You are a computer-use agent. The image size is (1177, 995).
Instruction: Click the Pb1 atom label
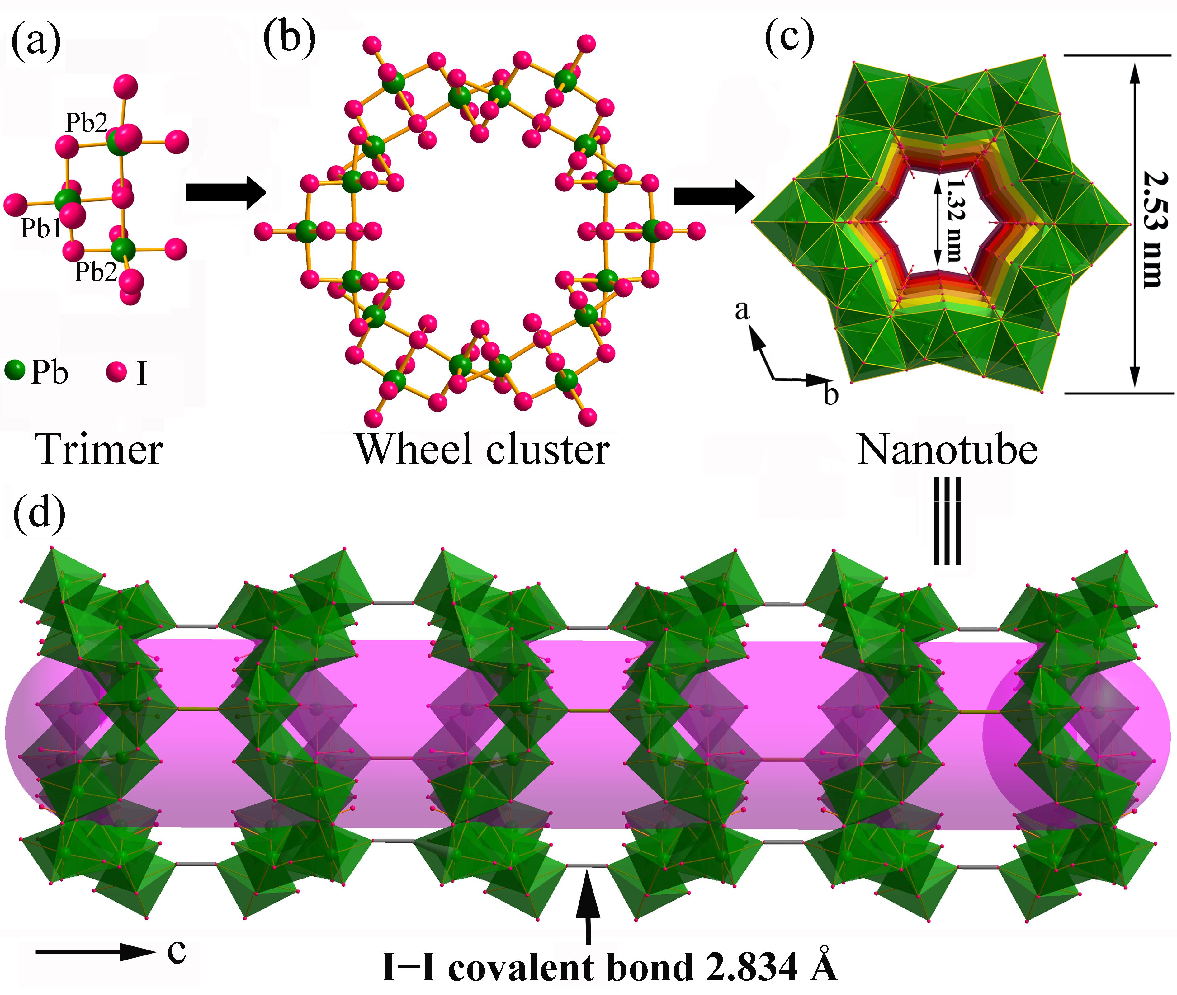[40, 229]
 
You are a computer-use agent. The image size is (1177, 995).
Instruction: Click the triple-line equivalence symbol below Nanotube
[947, 522]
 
